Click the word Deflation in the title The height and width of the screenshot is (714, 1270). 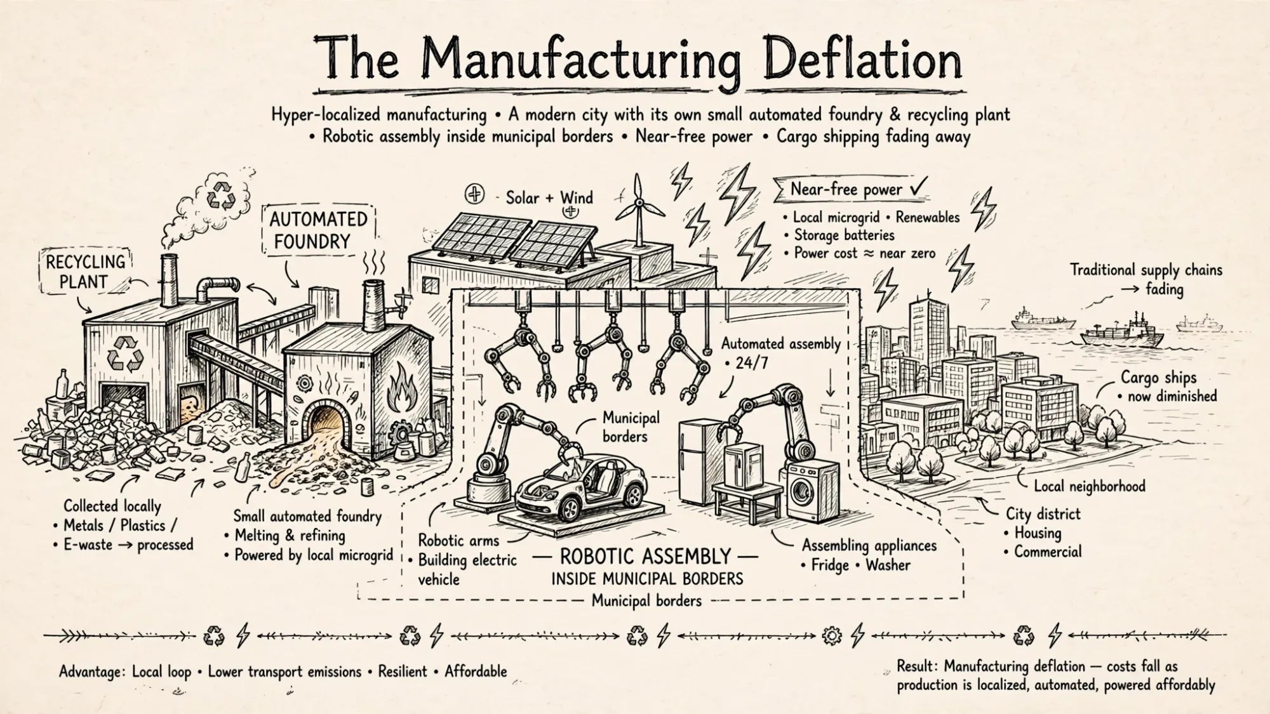tap(862, 62)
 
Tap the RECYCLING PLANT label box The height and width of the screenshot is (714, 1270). tap(84, 272)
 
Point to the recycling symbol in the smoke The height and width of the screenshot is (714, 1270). tap(223, 194)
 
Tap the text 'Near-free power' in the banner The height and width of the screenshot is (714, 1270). tap(846, 189)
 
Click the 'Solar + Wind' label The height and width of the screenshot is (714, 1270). tap(549, 197)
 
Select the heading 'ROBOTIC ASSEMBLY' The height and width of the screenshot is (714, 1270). tap(645, 557)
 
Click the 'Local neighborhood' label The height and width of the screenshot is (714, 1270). tap(1090, 486)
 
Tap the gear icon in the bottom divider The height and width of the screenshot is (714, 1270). tap(831, 635)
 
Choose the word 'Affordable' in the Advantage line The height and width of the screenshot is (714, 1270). tap(476, 671)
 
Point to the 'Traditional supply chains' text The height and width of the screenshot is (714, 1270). tap(1146, 270)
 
